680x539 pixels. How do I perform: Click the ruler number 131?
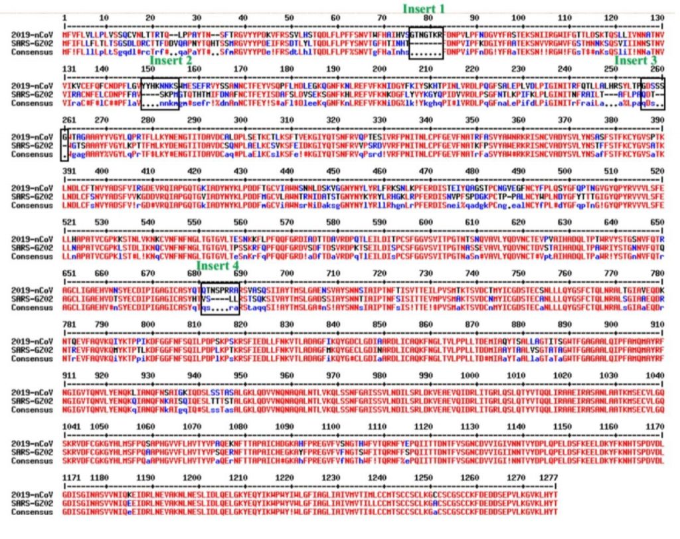click(x=68, y=68)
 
